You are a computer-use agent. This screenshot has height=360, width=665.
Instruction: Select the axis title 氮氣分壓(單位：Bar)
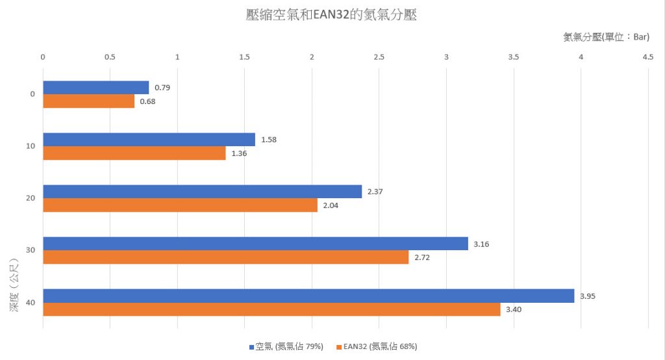click(606, 37)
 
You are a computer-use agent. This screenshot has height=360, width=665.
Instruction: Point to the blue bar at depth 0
click(95, 88)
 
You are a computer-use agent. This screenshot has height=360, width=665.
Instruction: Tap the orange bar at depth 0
click(88, 101)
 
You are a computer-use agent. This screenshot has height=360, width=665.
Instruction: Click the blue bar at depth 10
click(149, 140)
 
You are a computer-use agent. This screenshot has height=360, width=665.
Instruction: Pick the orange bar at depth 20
click(180, 205)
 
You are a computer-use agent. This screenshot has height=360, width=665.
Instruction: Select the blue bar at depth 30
click(255, 244)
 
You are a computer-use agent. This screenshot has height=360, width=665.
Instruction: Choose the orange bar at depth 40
click(271, 309)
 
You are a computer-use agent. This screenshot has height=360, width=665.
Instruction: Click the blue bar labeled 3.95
click(308, 296)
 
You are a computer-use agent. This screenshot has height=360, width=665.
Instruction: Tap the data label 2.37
click(375, 192)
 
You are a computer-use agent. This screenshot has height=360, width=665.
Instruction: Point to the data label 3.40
click(514, 309)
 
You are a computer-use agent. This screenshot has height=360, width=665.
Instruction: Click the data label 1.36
click(239, 153)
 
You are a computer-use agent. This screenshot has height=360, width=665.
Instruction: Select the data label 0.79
click(162, 88)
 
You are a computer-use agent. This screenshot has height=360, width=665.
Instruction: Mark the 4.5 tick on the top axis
click(647, 57)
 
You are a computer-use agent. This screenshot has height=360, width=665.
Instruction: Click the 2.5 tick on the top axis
click(379, 57)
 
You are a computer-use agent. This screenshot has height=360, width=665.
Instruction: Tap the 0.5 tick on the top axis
click(110, 57)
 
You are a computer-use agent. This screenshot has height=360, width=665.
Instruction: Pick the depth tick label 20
click(31, 198)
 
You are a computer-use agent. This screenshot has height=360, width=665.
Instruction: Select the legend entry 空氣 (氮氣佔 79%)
click(286, 347)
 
